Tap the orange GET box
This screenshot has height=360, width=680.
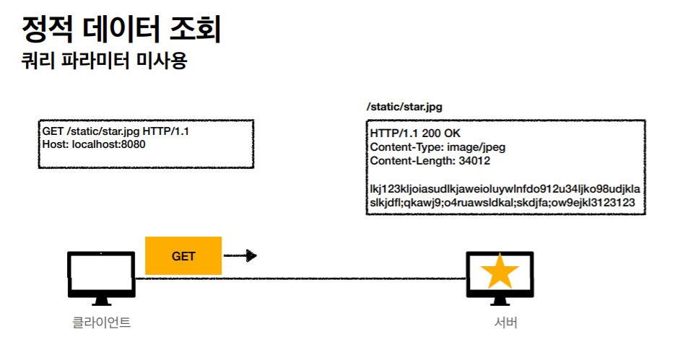183,255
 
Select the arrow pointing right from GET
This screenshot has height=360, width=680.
240,255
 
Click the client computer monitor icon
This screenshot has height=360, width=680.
101,273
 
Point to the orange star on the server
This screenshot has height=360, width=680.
500,273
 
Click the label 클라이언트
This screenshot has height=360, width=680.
101,322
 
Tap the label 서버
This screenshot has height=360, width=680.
500,322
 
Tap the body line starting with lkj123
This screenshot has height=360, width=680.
505,189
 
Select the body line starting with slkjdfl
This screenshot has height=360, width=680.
502,203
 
